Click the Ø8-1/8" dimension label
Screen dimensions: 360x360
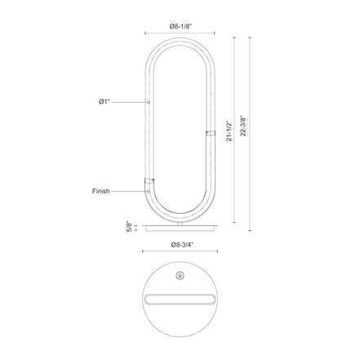180,26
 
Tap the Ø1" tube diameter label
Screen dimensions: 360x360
104,102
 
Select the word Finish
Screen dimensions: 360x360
101,191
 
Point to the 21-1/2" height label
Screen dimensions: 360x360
229,131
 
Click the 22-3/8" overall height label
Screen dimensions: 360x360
243,127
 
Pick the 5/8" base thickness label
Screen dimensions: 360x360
130,227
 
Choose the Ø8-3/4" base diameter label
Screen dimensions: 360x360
182,245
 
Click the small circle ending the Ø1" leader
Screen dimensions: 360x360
149,102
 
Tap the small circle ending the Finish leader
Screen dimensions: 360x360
149,191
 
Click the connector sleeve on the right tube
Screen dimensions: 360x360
211,133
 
